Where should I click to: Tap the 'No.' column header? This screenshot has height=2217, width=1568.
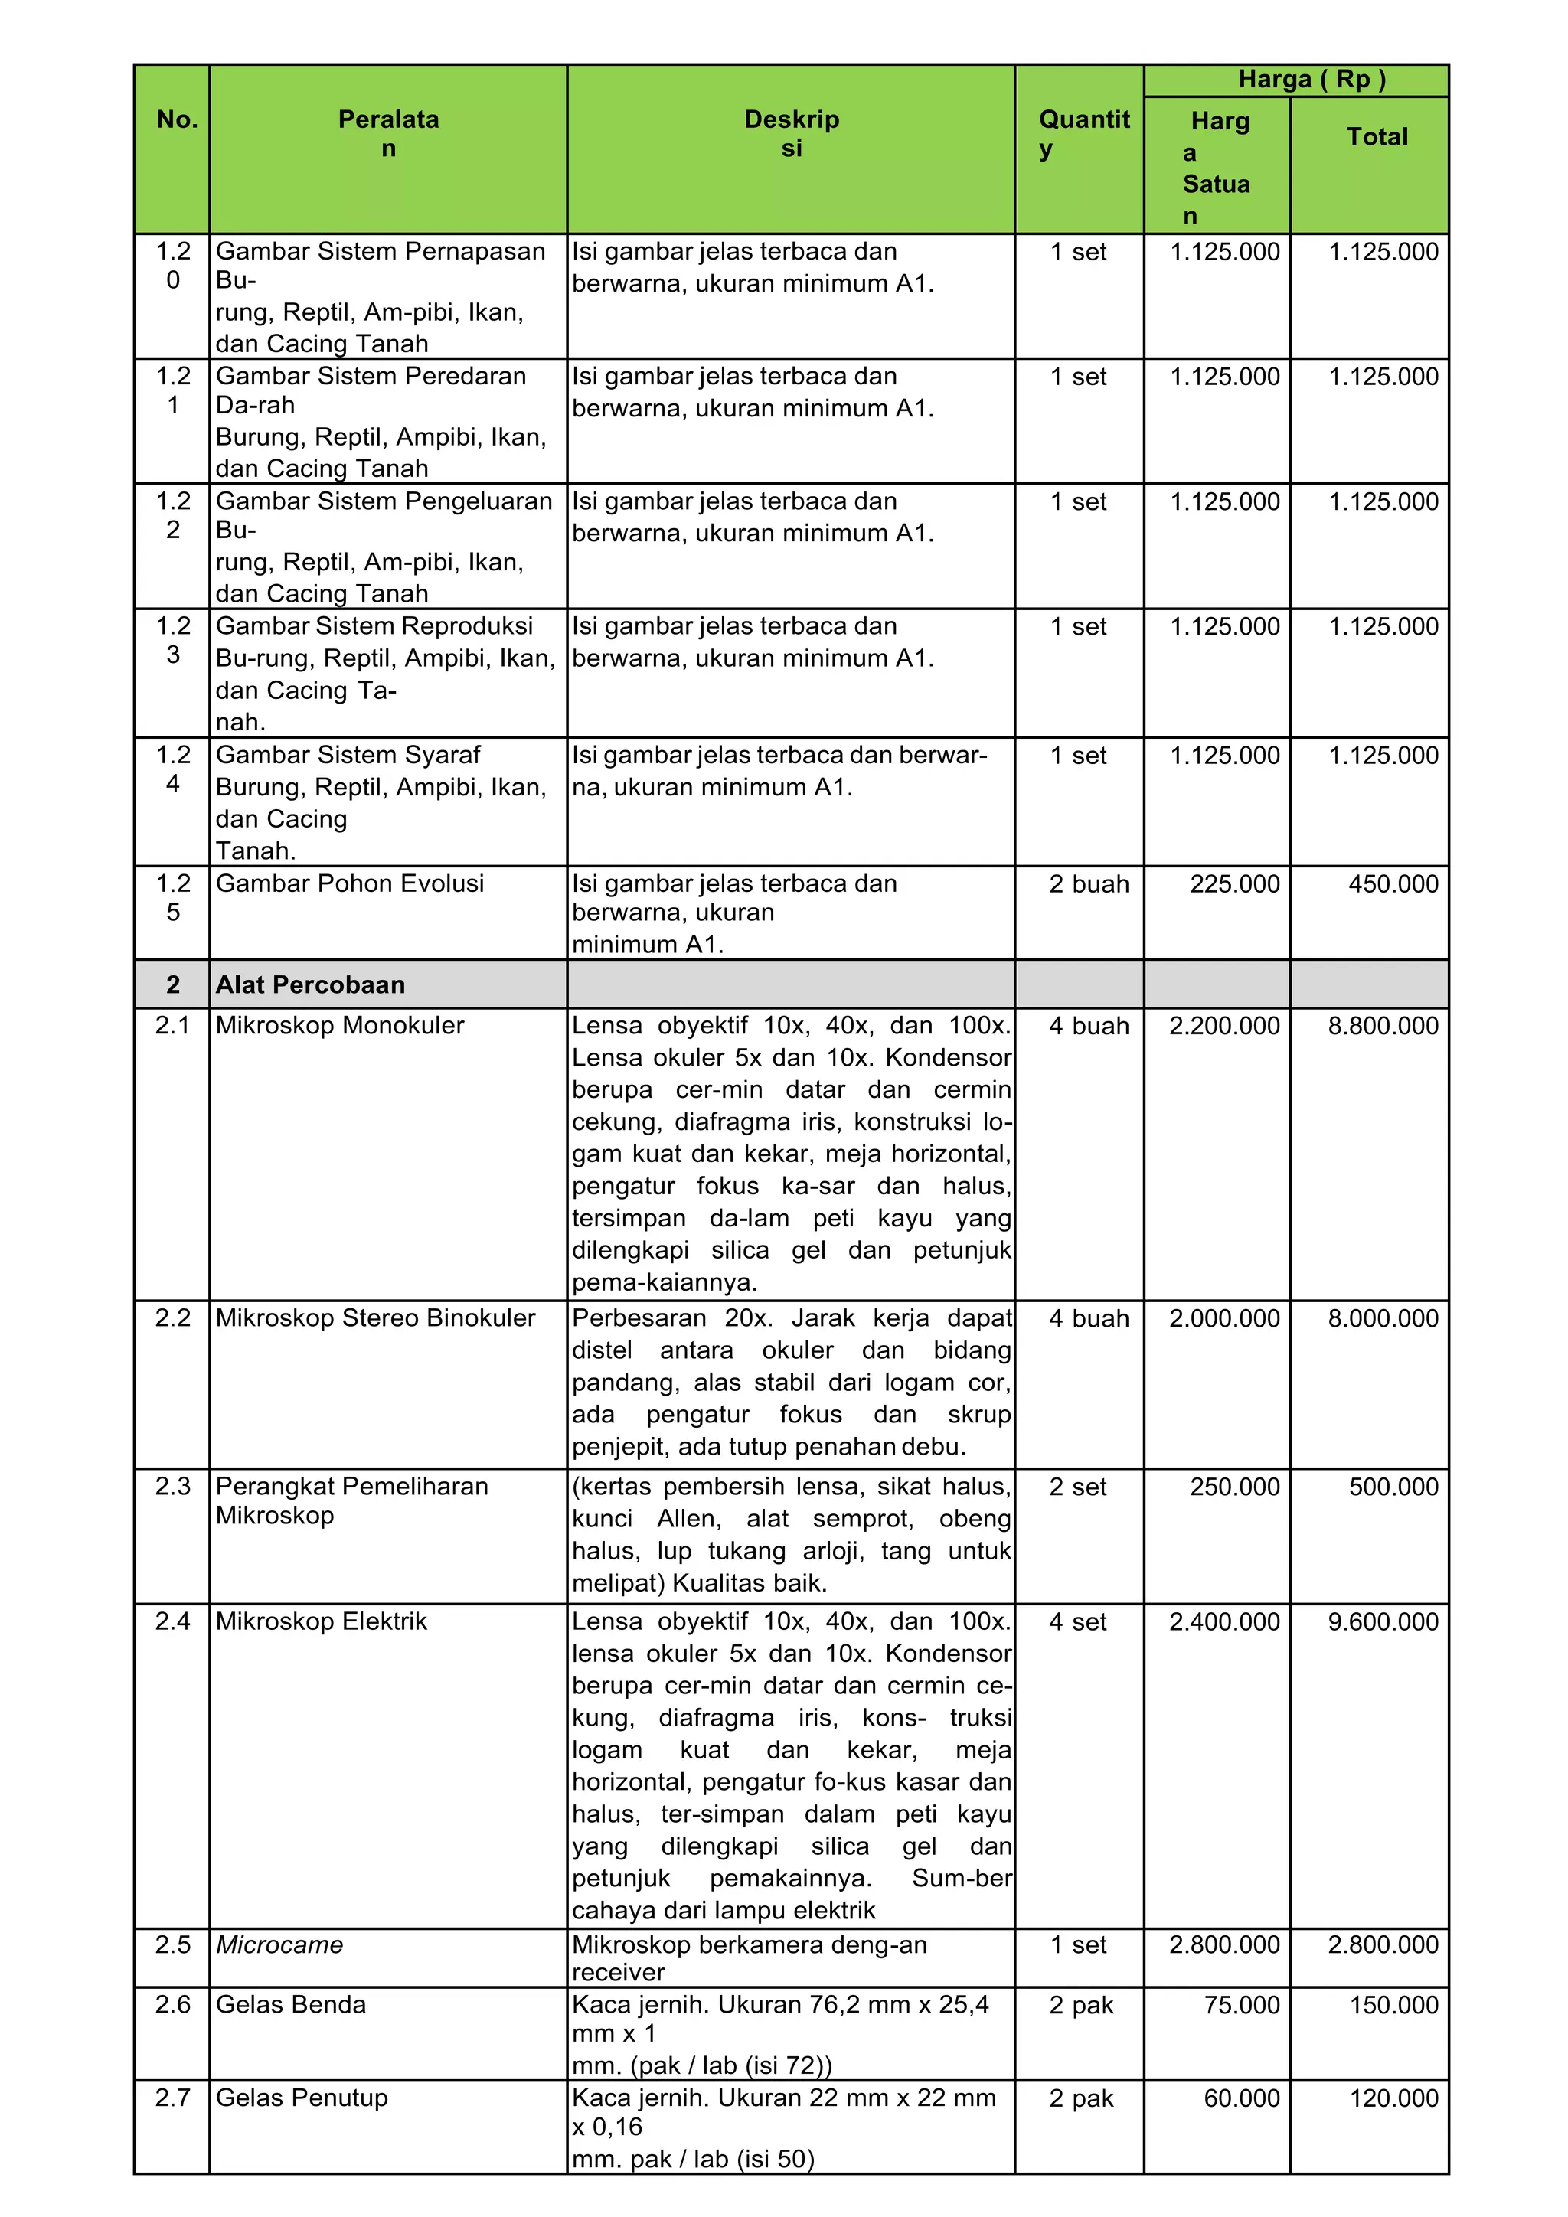click(177, 119)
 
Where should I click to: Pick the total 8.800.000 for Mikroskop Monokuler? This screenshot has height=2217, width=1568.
click(1382, 1026)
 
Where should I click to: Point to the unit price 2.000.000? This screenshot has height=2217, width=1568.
click(1223, 1318)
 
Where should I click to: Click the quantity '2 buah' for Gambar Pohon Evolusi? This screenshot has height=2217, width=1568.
click(1088, 883)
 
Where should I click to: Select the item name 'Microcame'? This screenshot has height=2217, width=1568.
click(279, 1944)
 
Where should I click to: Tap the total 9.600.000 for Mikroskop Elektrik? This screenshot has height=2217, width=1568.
click(1382, 1621)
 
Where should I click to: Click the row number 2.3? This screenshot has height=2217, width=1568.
click(173, 1486)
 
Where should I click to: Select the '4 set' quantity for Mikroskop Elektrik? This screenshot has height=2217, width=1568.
click(1077, 1621)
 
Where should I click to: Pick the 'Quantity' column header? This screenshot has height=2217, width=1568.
click(1083, 133)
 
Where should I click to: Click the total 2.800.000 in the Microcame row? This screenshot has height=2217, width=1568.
click(1382, 1944)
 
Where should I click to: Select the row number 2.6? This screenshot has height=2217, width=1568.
click(173, 2005)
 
